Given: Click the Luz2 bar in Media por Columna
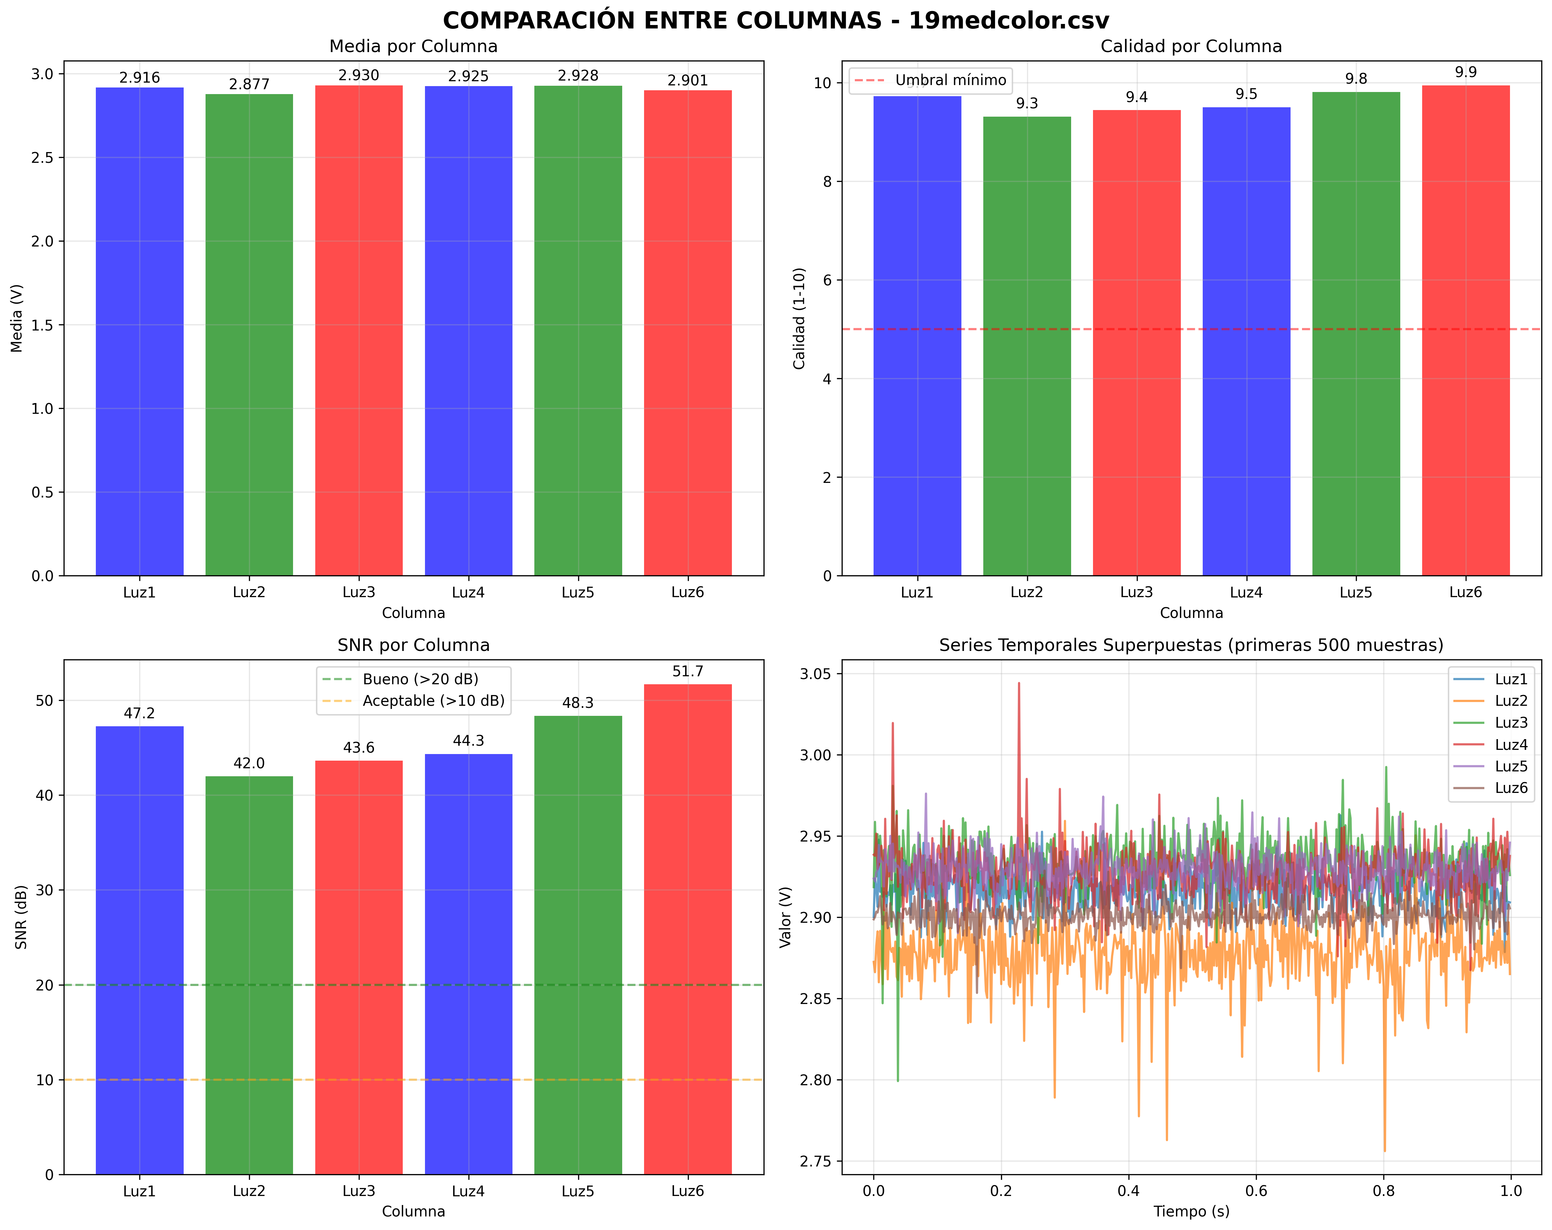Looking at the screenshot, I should (249, 335).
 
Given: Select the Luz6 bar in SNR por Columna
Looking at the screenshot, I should (687, 928).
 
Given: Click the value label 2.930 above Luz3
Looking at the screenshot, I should (358, 76).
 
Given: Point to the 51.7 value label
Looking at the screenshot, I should (687, 671).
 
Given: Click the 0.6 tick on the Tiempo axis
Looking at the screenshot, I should (1256, 1191).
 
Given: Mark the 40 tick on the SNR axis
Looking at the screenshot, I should (45, 795).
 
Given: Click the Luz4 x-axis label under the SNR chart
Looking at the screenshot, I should (468, 1191).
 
